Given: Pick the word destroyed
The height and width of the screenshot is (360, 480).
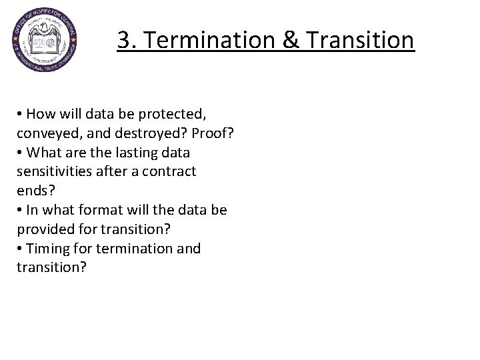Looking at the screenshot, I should [x=153, y=133].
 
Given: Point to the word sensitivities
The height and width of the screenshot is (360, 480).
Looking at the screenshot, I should [x=55, y=171].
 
